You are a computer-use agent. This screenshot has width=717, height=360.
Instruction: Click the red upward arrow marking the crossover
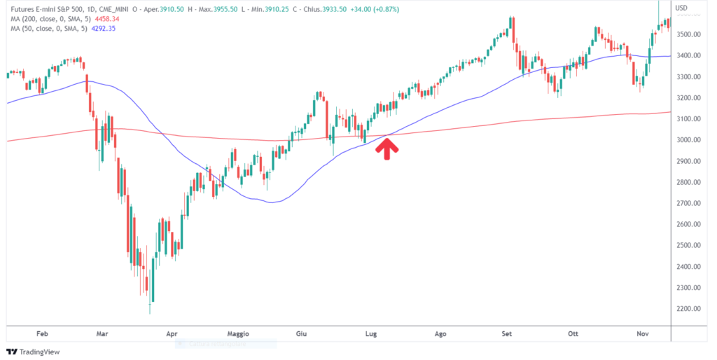(387, 147)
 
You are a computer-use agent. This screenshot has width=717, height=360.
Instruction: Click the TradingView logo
(34, 352)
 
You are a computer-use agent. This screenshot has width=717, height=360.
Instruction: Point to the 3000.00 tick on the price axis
(691, 140)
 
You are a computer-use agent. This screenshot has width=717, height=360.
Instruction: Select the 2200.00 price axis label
(691, 309)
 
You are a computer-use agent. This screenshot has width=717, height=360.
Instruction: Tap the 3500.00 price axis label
(691, 34)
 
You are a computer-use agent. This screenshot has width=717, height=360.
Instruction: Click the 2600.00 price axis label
(691, 225)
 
